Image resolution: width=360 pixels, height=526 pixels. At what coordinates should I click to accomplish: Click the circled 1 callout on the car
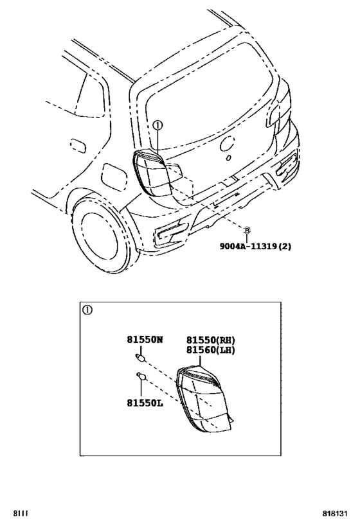pos(158,126)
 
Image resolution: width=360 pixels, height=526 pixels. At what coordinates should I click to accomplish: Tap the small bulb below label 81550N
pos(139,357)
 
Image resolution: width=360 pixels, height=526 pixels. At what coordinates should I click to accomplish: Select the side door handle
pos(78,146)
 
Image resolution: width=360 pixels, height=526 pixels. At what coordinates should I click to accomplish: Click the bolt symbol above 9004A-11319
pos(246,229)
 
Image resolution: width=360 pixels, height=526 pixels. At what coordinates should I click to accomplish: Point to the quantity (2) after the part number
pos(283,245)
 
